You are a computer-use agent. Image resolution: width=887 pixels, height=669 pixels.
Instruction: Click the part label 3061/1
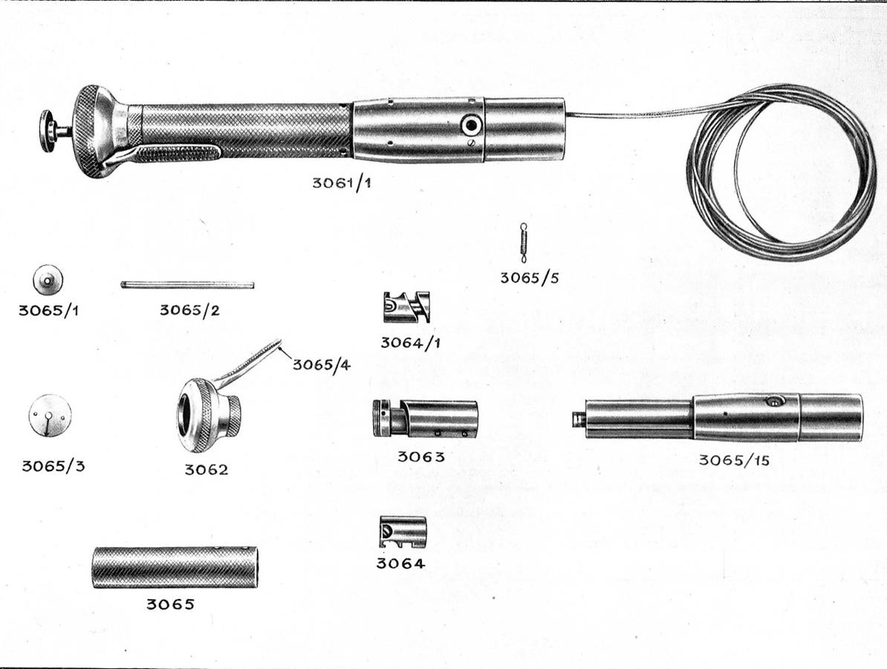click(342, 183)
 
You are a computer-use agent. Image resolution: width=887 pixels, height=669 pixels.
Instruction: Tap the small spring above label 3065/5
click(524, 243)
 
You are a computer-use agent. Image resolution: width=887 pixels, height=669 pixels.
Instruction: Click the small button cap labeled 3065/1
click(48, 279)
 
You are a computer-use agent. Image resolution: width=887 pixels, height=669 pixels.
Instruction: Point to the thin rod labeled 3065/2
click(187, 285)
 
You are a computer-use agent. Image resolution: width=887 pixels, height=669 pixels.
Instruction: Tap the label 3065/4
click(322, 364)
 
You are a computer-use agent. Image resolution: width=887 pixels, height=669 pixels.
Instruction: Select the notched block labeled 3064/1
click(406, 307)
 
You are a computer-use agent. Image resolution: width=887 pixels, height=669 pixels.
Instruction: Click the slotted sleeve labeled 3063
click(425, 418)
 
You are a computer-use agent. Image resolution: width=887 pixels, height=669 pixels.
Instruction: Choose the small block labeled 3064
click(401, 532)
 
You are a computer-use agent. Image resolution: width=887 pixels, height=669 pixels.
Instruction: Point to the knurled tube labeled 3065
click(175, 566)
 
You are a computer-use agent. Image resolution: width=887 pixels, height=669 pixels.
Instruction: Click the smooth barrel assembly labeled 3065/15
click(718, 418)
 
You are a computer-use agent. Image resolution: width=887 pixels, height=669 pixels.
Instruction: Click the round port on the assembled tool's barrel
click(470, 125)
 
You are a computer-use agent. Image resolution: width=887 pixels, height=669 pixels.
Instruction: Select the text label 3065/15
click(734, 460)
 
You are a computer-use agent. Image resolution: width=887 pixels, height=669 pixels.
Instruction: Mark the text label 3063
click(421, 456)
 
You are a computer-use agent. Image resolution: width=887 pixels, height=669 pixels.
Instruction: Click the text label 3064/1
click(410, 343)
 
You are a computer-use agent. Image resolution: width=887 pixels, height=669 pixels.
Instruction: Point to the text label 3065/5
click(529, 278)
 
